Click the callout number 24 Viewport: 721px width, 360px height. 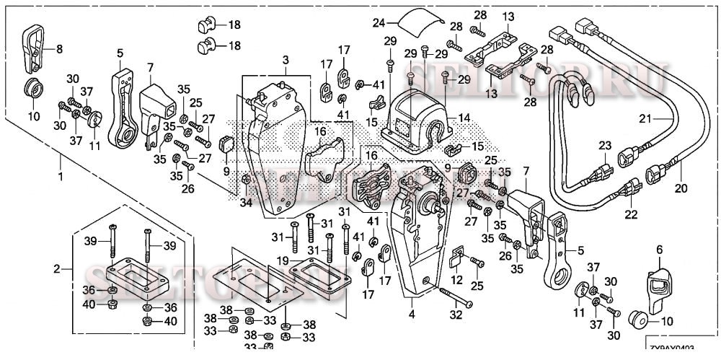click(379, 23)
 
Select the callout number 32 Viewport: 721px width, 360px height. click(456, 315)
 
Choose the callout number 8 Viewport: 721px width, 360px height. click(59, 49)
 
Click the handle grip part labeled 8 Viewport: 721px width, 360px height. click(33, 48)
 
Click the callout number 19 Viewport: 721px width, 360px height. click(283, 260)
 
